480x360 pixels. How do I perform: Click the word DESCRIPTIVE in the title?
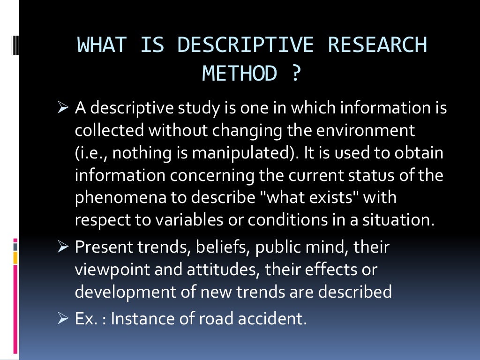[245, 45]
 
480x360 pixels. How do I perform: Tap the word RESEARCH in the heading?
[377, 45]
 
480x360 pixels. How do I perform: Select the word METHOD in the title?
[240, 74]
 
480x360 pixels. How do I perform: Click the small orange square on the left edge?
[15, 257]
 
